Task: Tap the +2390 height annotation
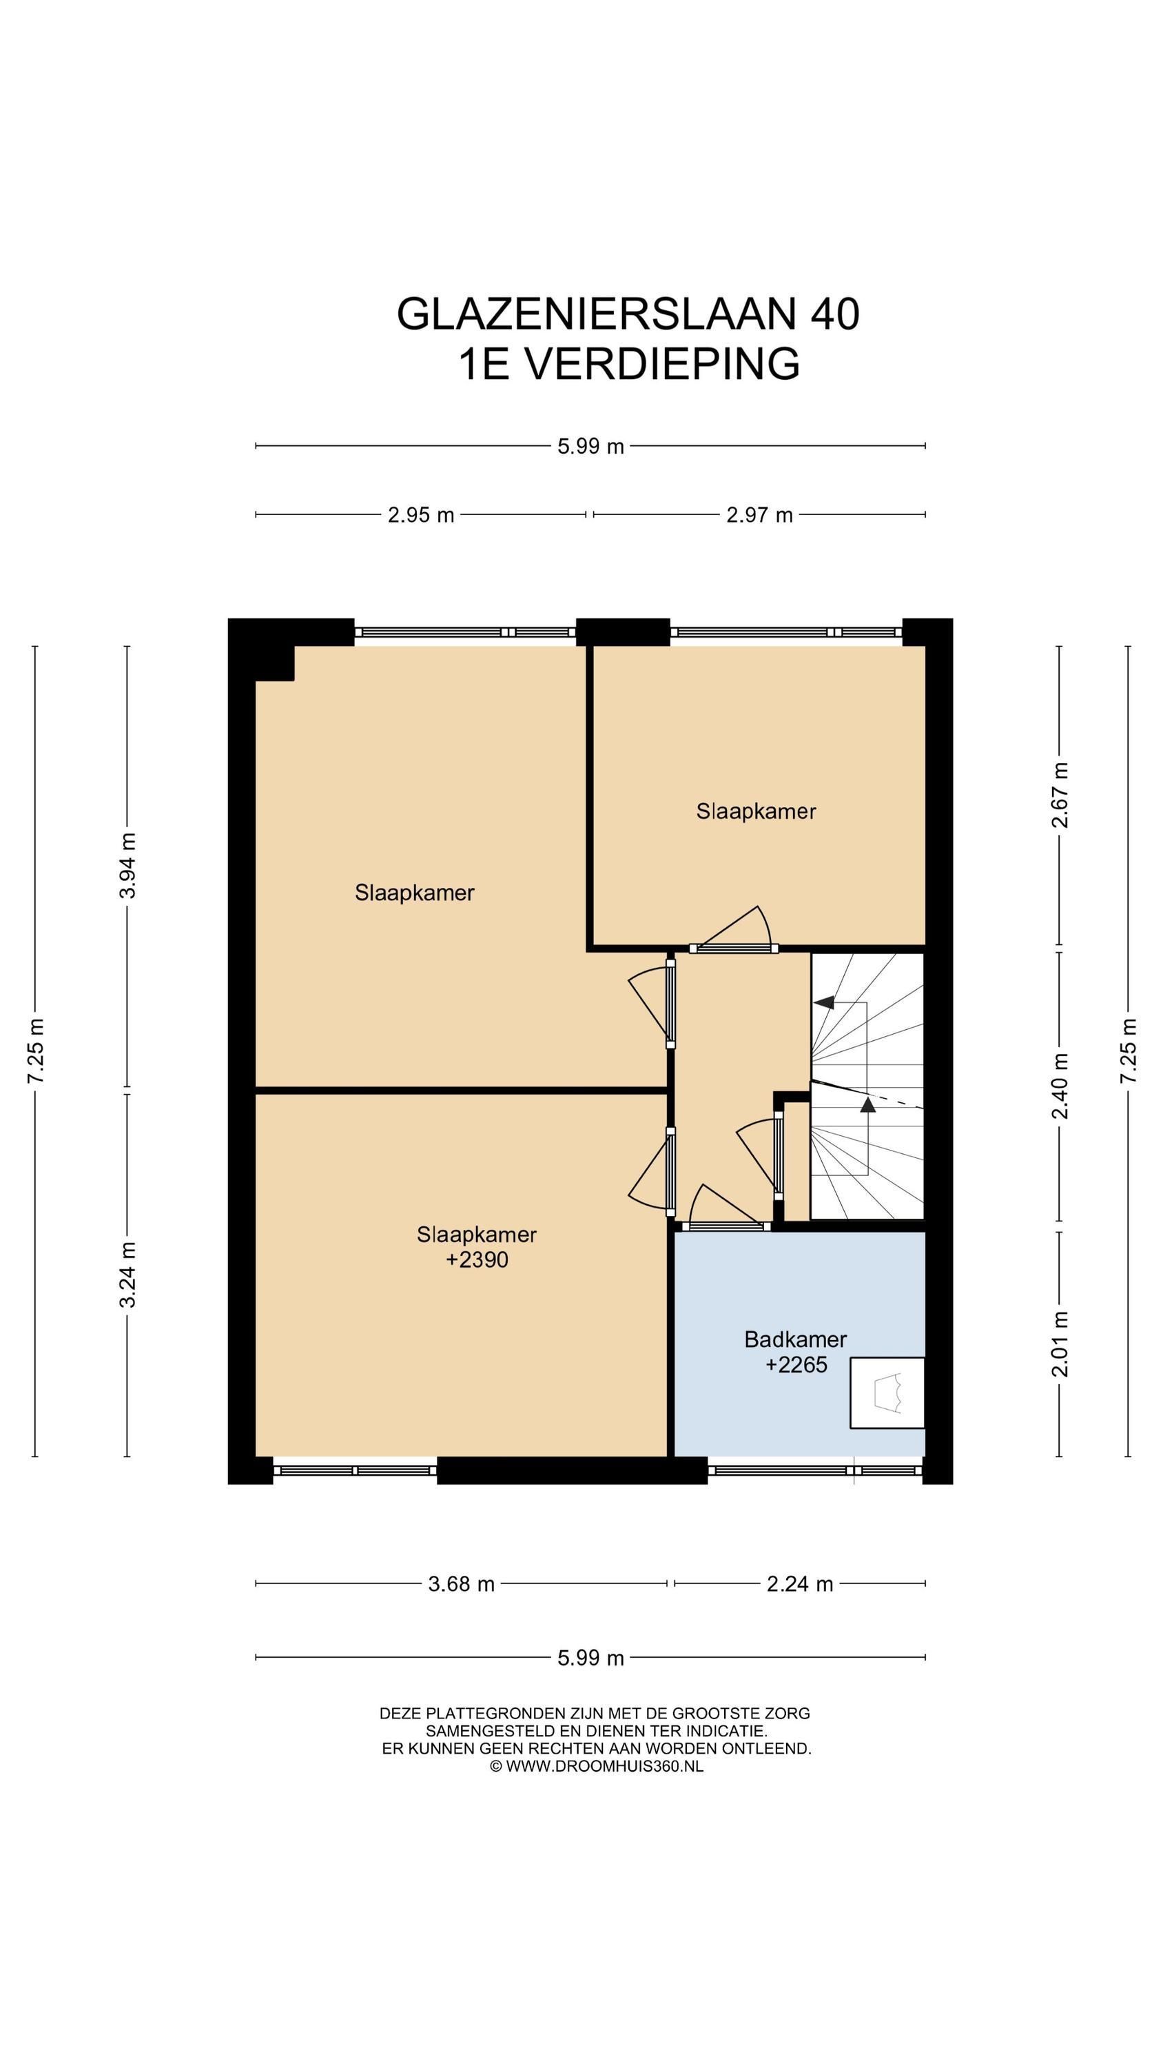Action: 477,1259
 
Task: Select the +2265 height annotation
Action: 795,1365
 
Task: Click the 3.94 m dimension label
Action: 127,865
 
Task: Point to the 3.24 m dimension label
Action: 127,1274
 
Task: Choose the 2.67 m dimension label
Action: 1060,795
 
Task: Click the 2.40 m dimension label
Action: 1060,1086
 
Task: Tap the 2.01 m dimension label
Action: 1060,1343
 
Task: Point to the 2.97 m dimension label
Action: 759,515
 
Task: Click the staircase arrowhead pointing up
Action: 867,1104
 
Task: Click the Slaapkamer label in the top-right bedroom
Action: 755,811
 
